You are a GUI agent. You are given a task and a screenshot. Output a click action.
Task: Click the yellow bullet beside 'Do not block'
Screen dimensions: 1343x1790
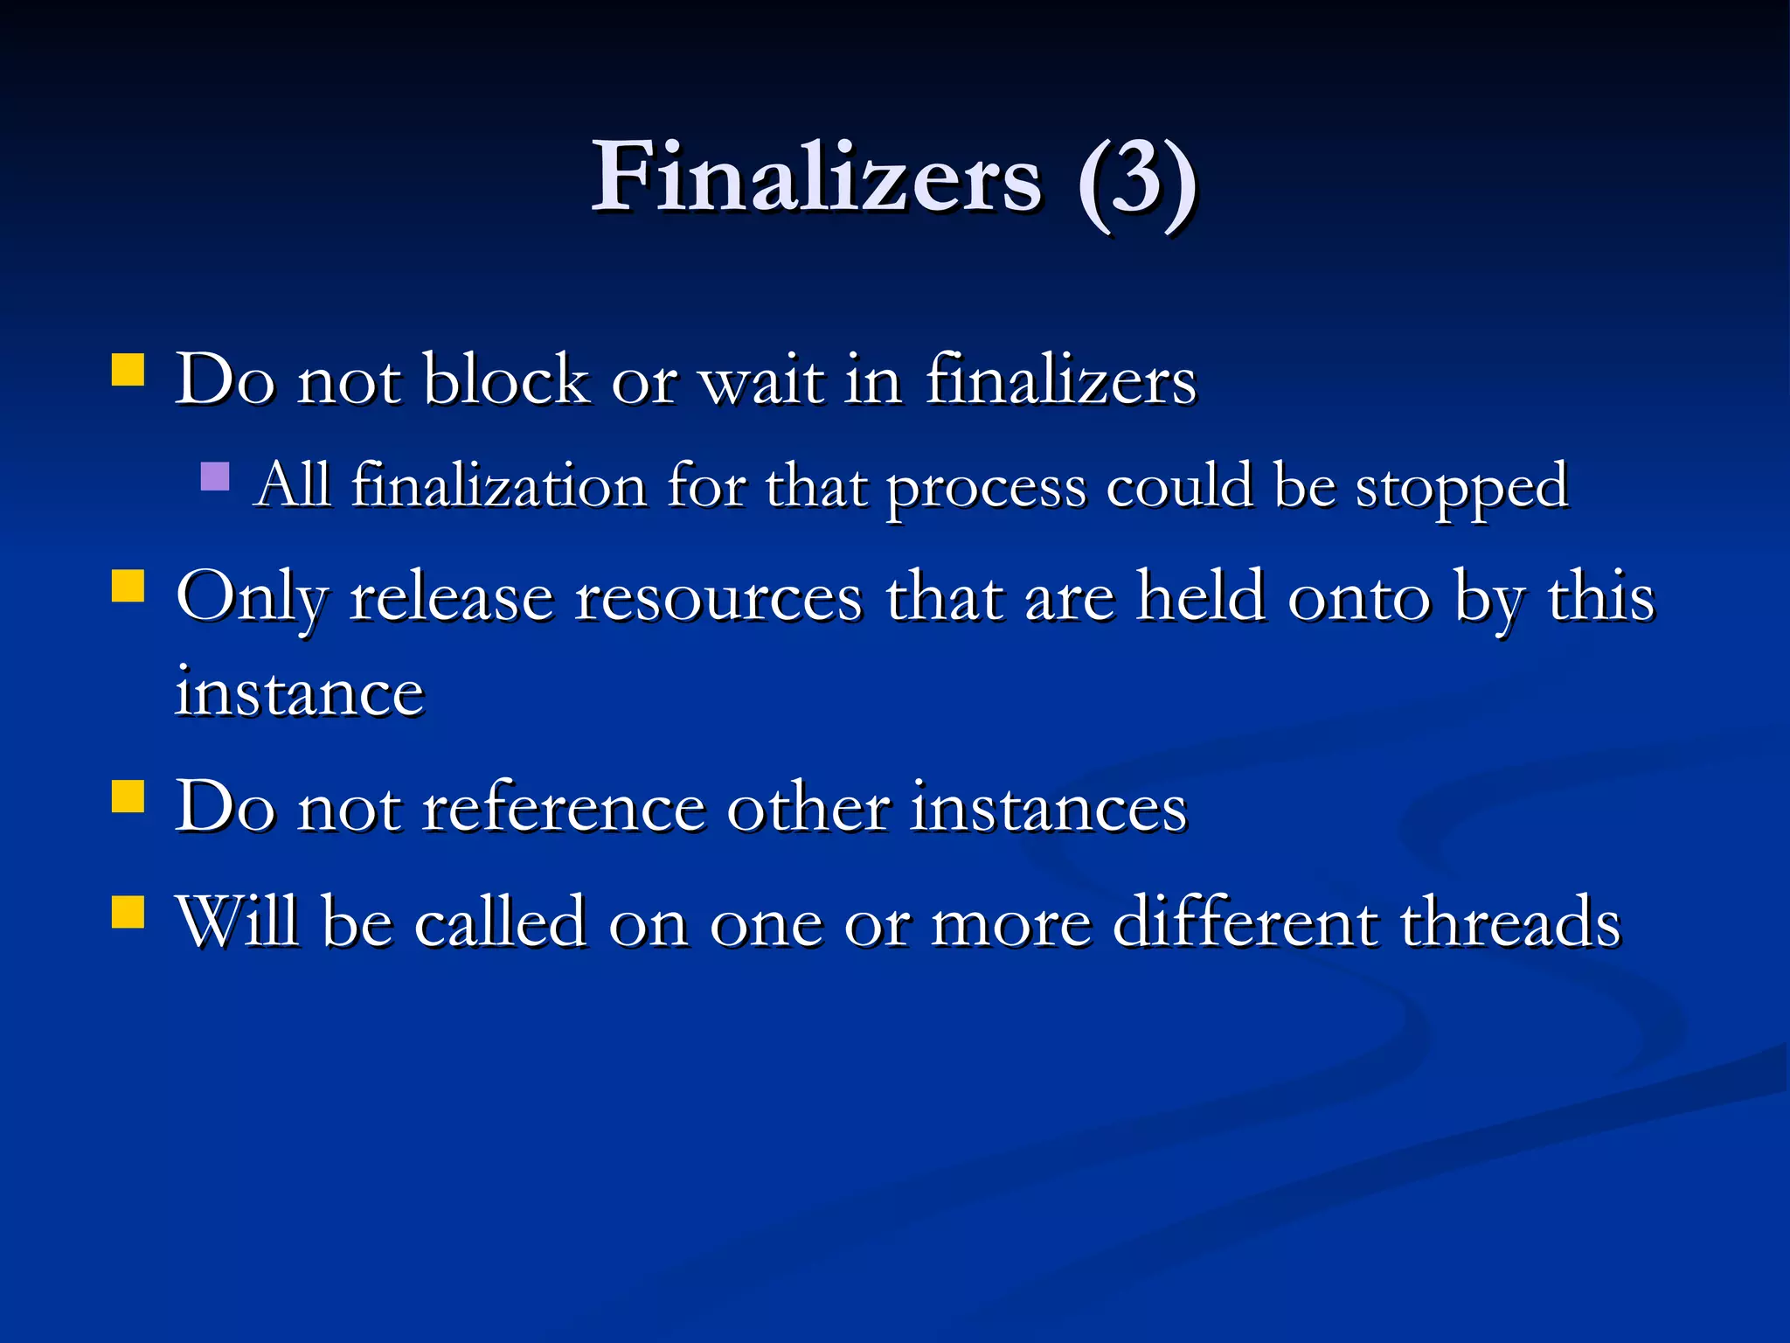(x=128, y=370)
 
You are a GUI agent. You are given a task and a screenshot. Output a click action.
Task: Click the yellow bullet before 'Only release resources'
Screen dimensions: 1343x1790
(x=128, y=587)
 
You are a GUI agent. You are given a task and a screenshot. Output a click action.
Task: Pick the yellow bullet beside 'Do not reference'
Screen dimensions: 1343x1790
(x=128, y=797)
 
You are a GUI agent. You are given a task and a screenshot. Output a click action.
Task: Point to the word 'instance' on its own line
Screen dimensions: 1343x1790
(x=300, y=692)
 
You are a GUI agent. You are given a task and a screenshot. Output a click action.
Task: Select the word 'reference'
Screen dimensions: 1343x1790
(x=564, y=807)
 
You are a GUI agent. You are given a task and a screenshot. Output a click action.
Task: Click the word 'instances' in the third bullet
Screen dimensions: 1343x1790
(x=1048, y=807)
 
